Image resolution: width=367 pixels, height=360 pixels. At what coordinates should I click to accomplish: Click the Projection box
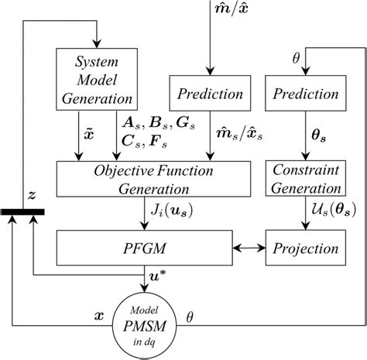[x=304, y=249]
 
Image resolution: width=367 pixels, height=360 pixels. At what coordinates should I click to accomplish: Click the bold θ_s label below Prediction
[x=319, y=132]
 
